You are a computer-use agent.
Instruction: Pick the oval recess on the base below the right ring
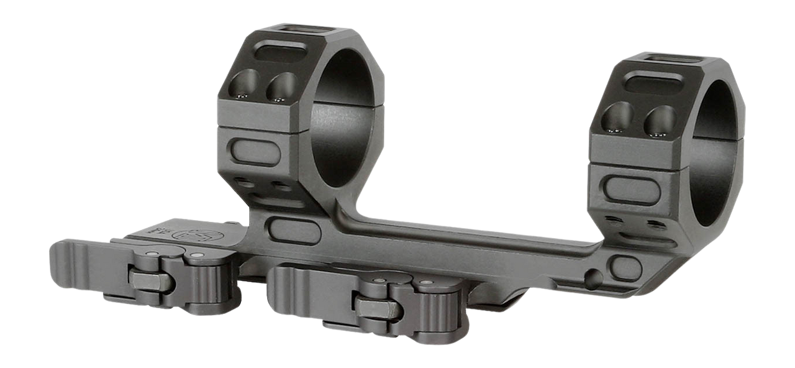(x=625, y=267)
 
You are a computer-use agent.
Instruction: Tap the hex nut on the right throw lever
(x=374, y=303)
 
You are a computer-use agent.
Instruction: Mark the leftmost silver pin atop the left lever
(x=151, y=253)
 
